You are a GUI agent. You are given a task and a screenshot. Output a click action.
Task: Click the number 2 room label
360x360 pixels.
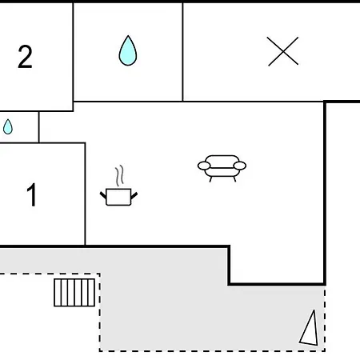25,57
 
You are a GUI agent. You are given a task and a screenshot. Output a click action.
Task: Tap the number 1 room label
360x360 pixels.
31,194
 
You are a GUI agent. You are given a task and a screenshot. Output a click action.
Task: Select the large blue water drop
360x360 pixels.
128,50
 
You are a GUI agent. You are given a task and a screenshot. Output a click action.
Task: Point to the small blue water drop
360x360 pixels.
8,126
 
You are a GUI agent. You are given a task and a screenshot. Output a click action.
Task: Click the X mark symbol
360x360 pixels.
283,51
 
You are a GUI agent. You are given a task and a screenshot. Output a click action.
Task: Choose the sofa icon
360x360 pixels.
222,168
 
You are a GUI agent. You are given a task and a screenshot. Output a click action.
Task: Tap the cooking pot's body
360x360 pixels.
118,197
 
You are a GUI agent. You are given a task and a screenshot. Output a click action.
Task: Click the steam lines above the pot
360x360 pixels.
120,175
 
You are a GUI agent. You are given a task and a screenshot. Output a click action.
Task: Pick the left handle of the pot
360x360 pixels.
103,195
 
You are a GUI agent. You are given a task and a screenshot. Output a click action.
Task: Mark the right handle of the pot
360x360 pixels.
134,195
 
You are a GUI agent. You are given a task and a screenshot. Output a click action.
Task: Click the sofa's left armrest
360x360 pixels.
204,166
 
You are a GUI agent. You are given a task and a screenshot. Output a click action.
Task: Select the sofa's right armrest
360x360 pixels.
240,166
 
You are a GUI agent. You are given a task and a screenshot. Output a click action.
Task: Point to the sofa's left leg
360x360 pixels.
210,179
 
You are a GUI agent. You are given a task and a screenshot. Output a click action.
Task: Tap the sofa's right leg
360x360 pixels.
234,179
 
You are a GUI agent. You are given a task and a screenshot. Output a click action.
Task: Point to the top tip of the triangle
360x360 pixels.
314,310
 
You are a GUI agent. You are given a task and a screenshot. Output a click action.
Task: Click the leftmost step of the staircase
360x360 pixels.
58,293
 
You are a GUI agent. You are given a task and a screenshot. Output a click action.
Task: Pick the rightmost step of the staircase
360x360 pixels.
91,293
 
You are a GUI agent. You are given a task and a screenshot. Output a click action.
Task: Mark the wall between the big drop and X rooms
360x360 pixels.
182,52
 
